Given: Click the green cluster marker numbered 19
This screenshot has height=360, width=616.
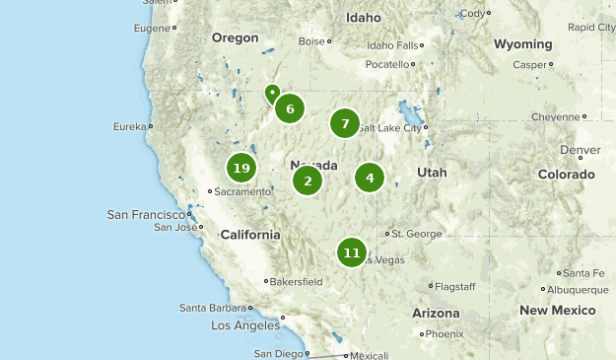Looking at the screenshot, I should pos(241,168).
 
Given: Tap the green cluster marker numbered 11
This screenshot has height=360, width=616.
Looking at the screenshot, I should pos(352,252).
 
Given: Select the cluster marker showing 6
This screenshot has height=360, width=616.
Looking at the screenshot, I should pos(289,108).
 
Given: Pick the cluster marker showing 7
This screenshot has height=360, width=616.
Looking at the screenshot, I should pos(344,123).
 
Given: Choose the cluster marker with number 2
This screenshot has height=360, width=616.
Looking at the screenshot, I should pos(308,180).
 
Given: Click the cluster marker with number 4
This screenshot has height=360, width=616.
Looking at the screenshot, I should pos(370,178).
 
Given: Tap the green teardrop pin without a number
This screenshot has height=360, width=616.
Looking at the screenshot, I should pos(272,94).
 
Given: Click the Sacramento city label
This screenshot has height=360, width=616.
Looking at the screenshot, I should pos(241,191).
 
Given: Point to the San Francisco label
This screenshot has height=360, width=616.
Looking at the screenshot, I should pos(146,214).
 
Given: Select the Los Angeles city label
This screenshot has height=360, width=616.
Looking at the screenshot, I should pos(246,325).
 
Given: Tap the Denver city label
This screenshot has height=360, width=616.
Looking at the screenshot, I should pos(580,150).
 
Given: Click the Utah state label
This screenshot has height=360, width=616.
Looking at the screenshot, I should pos(432,172).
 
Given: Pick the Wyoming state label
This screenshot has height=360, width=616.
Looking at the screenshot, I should pos(522,44).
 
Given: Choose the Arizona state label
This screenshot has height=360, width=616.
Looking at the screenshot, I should pos(436,313).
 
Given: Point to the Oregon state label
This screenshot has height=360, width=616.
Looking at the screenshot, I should pos(235,37).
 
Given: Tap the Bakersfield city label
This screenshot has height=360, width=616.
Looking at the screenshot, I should pos(298,281).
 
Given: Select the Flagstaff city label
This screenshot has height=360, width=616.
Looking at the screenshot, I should pos(455,286).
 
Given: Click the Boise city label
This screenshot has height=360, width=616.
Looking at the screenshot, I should pos(311,41).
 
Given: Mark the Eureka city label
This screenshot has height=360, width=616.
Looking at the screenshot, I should pos(129,126).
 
